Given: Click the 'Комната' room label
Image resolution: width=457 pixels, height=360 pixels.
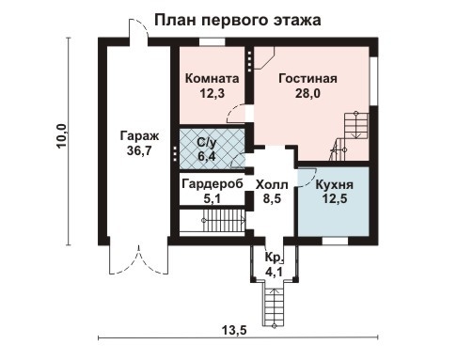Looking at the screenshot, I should (x=211, y=78).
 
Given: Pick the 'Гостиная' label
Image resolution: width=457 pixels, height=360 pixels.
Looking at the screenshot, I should (x=307, y=78).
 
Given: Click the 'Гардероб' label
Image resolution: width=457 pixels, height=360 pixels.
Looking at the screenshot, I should (x=213, y=183).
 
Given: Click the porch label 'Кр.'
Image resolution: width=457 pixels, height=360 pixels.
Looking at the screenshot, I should (x=274, y=258).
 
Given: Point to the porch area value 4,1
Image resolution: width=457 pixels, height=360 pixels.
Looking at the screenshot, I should (x=274, y=272).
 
